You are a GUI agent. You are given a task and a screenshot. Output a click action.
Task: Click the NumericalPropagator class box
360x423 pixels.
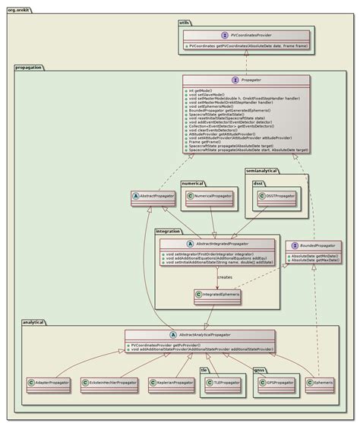tap(212, 196)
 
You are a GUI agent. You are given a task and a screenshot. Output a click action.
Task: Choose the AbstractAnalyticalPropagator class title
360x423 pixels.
tap(213, 335)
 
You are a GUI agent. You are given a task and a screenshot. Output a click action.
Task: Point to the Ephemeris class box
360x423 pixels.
tap(322, 383)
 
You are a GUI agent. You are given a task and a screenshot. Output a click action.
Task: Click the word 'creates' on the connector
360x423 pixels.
tap(226, 276)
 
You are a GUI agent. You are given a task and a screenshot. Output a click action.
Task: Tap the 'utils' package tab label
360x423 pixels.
tap(184, 24)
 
